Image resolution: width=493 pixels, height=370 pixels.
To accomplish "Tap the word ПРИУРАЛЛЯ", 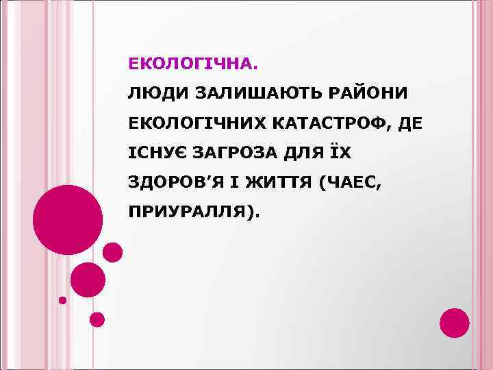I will click(x=190, y=214).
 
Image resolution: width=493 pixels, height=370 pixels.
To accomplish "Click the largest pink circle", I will click(x=68, y=219).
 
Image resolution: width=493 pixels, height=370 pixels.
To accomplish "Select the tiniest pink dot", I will click(x=62, y=300).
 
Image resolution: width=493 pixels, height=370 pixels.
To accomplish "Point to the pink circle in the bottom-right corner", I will click(x=454, y=323).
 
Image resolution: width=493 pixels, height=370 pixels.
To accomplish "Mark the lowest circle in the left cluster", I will click(x=97, y=319).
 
